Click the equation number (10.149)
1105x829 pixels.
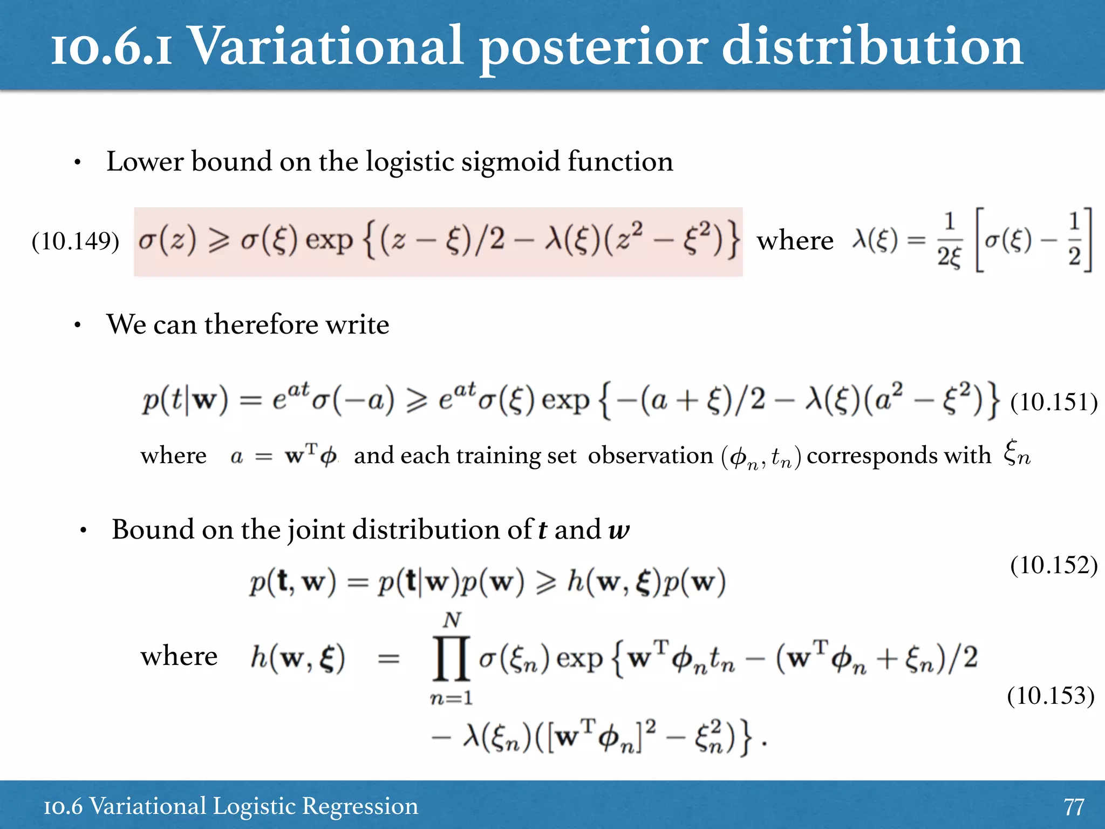click(76, 241)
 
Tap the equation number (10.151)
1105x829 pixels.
click(1054, 402)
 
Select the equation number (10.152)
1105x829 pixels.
click(1054, 565)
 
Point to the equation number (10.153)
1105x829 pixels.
click(1051, 696)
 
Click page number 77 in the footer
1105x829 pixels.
click(1073, 807)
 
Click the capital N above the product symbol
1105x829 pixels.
click(452, 620)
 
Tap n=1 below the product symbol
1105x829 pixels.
click(452, 698)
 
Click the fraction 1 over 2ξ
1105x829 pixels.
click(949, 240)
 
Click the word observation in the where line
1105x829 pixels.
click(650, 456)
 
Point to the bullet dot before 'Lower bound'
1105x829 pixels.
click(78, 162)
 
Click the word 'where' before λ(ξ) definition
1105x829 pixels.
click(795, 241)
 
